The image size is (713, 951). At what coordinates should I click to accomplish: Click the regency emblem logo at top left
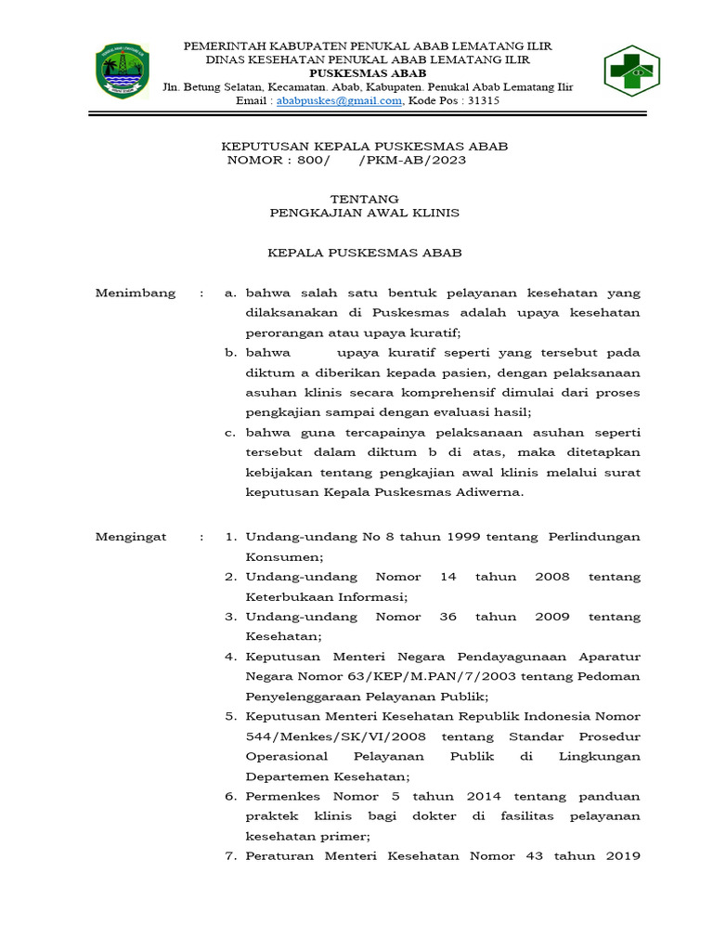tap(123, 72)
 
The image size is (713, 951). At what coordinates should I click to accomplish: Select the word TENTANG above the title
tap(365, 199)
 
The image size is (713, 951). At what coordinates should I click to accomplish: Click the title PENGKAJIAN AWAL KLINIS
tap(365, 213)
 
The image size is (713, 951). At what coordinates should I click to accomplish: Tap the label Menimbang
tap(136, 293)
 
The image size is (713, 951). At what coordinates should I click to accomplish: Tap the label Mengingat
tap(135, 537)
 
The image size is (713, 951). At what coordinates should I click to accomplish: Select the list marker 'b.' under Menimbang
tap(231, 353)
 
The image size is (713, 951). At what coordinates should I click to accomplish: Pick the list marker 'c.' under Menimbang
tap(231, 433)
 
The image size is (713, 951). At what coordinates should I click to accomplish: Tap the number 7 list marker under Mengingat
tap(231, 856)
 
